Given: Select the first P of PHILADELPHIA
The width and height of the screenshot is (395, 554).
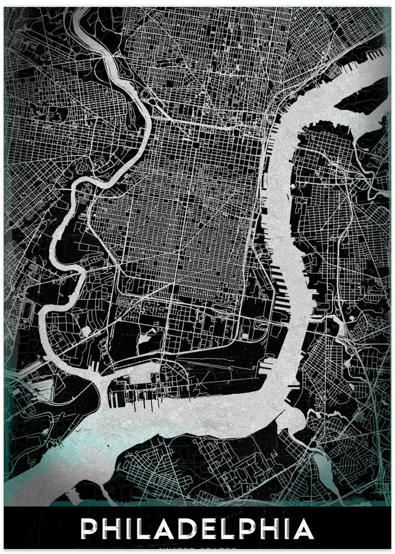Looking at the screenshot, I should coord(90,529).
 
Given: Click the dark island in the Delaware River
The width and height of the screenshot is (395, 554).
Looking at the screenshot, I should coord(363,99).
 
